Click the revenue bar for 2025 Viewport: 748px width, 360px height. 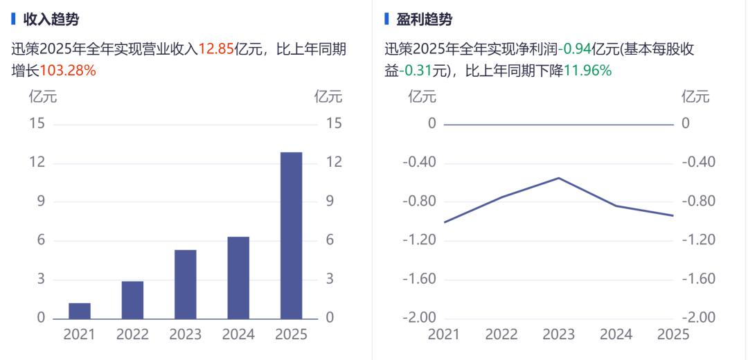291,235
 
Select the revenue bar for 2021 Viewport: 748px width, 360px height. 80,311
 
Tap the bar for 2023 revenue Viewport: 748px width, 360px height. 186,284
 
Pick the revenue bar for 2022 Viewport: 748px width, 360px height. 132,300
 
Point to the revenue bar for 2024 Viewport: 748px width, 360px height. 238,278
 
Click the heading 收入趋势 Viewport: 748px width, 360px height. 51,19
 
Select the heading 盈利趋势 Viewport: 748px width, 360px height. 424,19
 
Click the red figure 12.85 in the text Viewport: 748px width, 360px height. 216,49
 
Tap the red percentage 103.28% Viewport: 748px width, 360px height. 68,70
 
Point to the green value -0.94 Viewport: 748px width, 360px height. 578,49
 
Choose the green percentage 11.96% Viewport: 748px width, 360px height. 587,70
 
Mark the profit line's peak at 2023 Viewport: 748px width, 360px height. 558,178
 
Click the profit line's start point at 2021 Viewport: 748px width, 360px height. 444,222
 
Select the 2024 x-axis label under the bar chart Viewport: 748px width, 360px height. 238,334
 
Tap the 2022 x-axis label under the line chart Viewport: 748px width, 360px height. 501,334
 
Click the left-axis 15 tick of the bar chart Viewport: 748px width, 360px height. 37,123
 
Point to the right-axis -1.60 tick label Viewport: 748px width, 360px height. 698,279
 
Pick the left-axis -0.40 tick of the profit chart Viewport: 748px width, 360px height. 420,162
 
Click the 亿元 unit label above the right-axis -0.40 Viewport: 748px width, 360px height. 695,96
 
